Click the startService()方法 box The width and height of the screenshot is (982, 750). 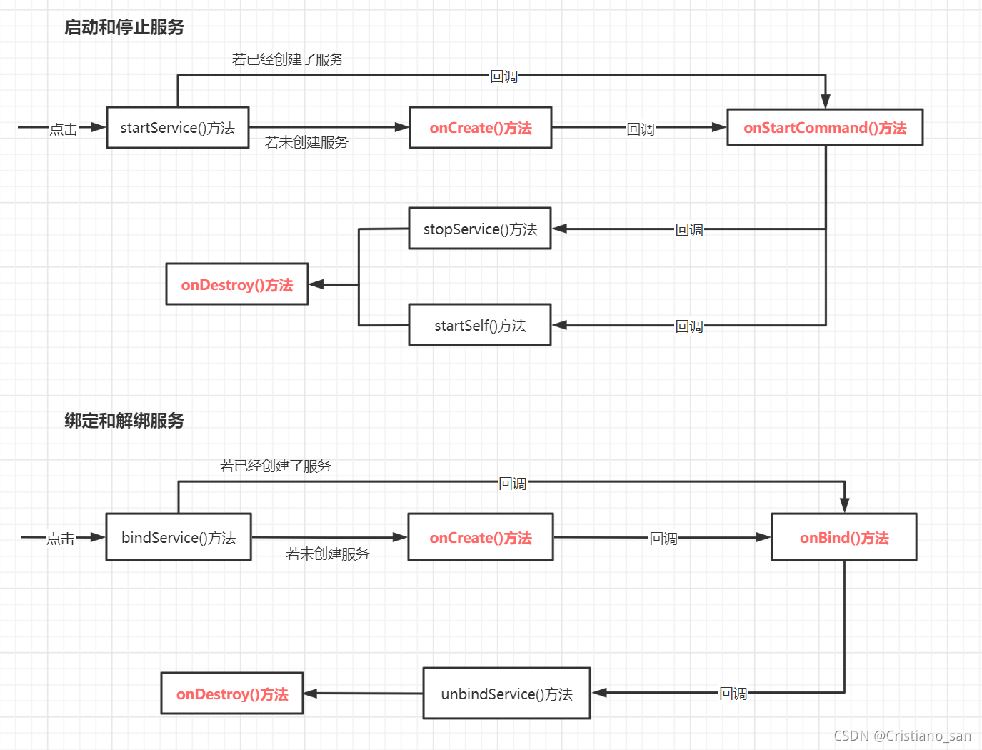pyautogui.click(x=177, y=128)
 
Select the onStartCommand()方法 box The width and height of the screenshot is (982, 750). pyautogui.click(x=825, y=128)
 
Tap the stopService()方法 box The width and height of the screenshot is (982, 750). pyautogui.click(x=480, y=229)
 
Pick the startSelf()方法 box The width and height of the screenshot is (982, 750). pyautogui.click(x=480, y=325)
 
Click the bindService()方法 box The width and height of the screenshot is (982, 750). pyautogui.click(x=179, y=537)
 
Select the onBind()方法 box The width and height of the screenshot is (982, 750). pyautogui.click(x=843, y=537)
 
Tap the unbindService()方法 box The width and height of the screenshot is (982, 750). pyautogui.click(x=506, y=694)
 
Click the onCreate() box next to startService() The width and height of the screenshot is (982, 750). pyautogui.click(x=480, y=128)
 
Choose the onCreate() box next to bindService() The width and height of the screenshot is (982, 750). pyautogui.click(x=480, y=537)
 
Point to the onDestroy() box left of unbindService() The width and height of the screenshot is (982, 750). pyautogui.click(x=232, y=694)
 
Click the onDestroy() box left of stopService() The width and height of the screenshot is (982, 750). pyautogui.click(x=237, y=284)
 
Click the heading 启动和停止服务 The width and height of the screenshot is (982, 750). pyautogui.click(x=124, y=27)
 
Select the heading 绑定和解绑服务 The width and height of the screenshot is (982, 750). pyautogui.click(x=124, y=421)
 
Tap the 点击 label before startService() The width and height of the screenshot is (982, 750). pyautogui.click(x=64, y=129)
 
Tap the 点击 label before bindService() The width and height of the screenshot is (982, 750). pyautogui.click(x=61, y=539)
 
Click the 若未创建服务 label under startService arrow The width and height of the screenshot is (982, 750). pyautogui.click(x=306, y=143)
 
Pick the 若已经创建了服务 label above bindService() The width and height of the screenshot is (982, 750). pyautogui.click(x=276, y=466)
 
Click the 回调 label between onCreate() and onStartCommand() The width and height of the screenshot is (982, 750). pyautogui.click(x=641, y=129)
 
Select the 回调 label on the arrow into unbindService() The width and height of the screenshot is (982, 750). pyautogui.click(x=733, y=694)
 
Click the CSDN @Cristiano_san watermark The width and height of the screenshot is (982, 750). pyautogui.click(x=902, y=736)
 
